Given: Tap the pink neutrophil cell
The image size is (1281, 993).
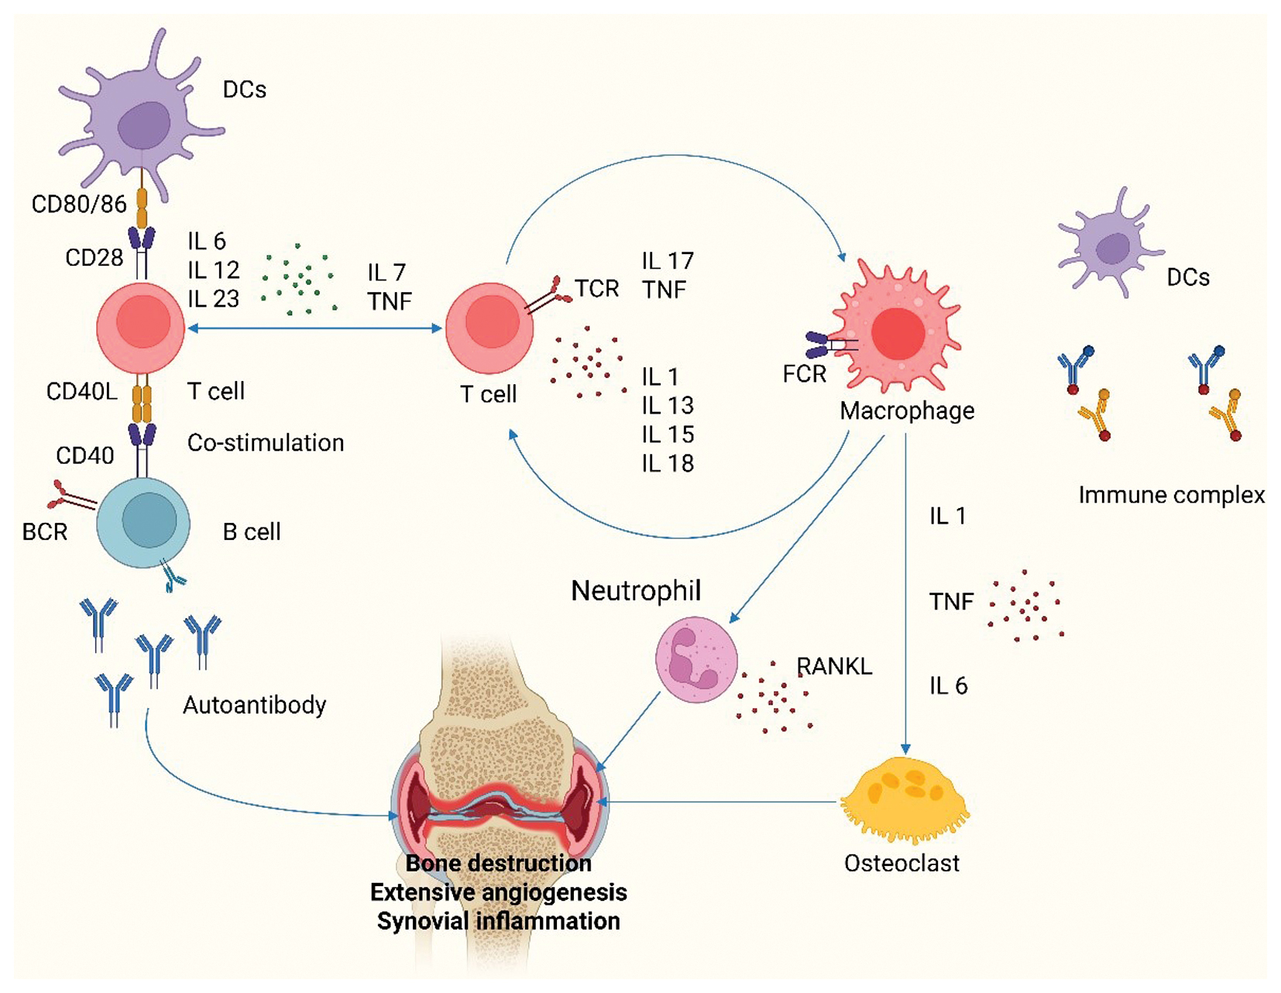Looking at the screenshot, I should click(x=695, y=658).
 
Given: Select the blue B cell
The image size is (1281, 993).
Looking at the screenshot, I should click(x=143, y=523).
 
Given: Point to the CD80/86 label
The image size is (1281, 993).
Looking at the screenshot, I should click(x=78, y=204).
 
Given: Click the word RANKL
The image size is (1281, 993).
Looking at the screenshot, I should click(x=834, y=666).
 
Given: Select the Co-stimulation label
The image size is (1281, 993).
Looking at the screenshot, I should click(x=266, y=443).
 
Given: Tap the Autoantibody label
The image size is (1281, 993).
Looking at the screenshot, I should click(x=254, y=705).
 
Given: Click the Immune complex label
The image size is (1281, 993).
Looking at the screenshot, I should click(x=1171, y=495).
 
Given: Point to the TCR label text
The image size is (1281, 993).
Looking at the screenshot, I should click(x=596, y=289).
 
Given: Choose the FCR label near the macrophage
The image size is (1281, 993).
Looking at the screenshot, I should click(x=804, y=374).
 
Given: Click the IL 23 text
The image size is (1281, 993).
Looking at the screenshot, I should click(x=213, y=299).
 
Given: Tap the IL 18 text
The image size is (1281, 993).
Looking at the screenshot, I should click(x=667, y=463).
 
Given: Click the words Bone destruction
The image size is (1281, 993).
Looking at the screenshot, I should click(x=498, y=863).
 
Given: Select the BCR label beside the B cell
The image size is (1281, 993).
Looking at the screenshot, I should click(x=45, y=532).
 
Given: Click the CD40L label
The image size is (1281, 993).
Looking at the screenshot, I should click(x=81, y=391).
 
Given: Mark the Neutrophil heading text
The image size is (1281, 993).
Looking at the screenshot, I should click(x=636, y=591).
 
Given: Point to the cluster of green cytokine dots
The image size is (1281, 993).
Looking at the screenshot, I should click(x=298, y=279).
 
